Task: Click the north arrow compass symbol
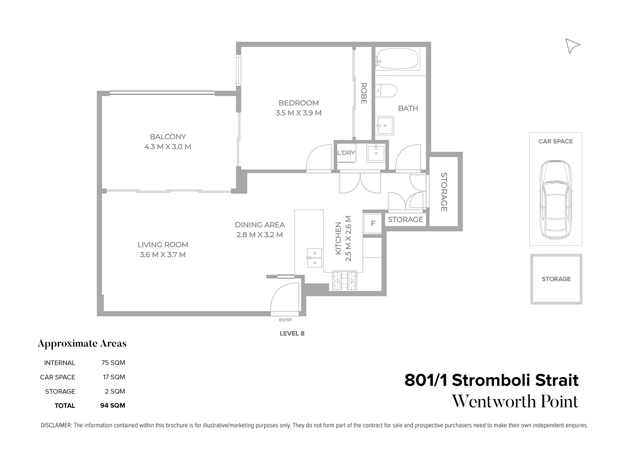coord(572,46)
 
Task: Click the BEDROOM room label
coord(298,103)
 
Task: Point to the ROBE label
coord(363,93)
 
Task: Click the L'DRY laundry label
coord(346,153)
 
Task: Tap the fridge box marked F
coord(373,224)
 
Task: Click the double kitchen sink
coord(314,258)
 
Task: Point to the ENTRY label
coord(285,320)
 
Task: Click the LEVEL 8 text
coord(292,333)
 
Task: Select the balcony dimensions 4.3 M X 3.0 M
coord(168,147)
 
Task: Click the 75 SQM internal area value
coord(113,363)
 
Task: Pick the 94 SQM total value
coord(113,405)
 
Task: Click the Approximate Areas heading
coord(82,344)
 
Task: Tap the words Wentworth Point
coord(515,401)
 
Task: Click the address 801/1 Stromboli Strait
coord(491,380)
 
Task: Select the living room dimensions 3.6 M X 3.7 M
coord(162,255)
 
